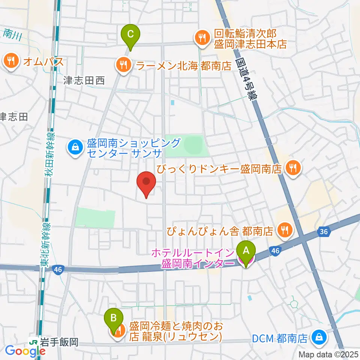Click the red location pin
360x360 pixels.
pos(147,183)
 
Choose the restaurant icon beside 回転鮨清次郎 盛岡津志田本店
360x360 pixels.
pos(202,37)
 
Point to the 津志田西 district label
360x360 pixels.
pos(84,81)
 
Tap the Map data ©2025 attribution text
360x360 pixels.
pos(328,354)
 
